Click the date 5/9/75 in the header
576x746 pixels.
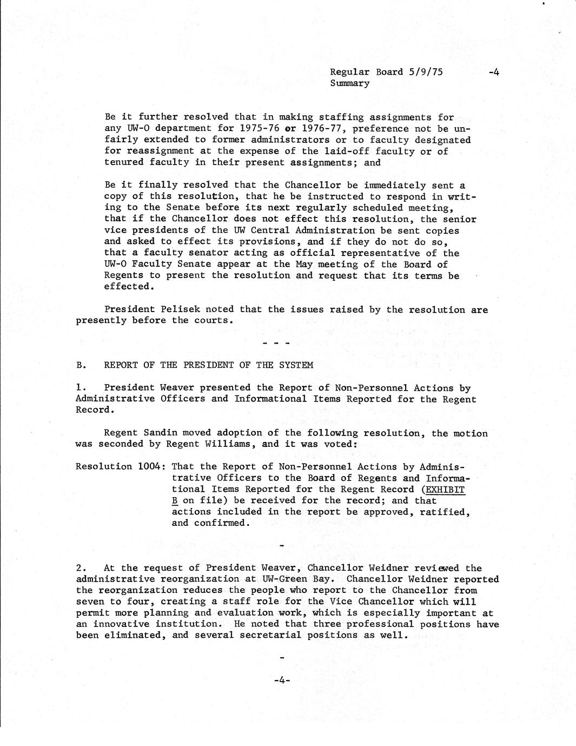[x=425, y=72]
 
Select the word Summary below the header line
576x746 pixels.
[x=349, y=83]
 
